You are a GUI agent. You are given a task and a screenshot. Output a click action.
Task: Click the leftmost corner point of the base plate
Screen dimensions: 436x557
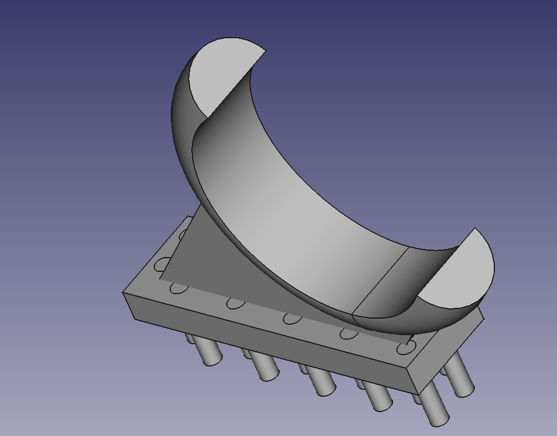pyautogui.click(x=123, y=293)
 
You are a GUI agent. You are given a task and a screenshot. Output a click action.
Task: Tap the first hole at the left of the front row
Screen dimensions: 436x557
pyautogui.click(x=178, y=288)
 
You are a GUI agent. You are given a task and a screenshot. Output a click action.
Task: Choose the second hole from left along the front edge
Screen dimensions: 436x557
pyautogui.click(x=234, y=303)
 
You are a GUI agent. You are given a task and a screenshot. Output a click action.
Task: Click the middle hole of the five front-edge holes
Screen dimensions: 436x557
pyautogui.click(x=291, y=317)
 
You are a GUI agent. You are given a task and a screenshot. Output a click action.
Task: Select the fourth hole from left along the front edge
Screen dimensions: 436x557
pyautogui.click(x=347, y=333)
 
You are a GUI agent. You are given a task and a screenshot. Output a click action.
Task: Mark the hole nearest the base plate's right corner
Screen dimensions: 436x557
pyautogui.click(x=405, y=347)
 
